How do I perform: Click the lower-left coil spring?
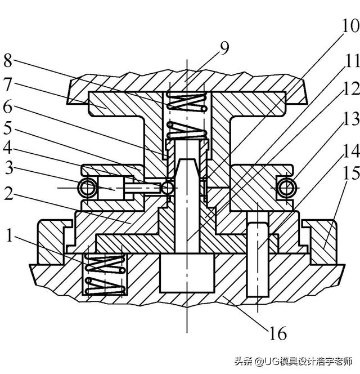[104, 273]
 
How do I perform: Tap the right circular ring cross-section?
[283, 186]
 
